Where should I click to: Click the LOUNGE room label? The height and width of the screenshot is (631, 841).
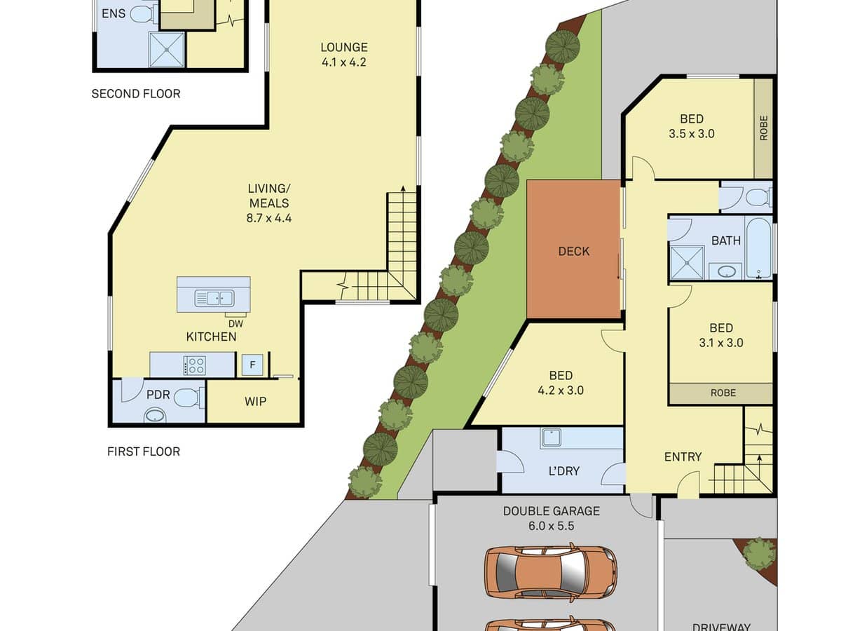point(343,48)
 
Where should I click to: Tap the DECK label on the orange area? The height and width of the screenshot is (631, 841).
point(574,251)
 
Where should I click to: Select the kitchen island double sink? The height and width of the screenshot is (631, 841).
point(214,299)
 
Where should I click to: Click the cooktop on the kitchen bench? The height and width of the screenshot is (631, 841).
point(194,365)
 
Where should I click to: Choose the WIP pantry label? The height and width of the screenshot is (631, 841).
point(255,402)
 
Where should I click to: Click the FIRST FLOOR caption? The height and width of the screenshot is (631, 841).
point(144,452)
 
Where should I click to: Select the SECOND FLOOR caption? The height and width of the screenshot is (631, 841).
point(136,93)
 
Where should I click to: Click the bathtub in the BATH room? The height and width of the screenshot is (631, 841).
point(759,249)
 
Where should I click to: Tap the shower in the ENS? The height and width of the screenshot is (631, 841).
point(166,49)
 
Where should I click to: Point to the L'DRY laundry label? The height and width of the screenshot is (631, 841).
point(563,470)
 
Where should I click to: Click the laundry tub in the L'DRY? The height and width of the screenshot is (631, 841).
point(551,438)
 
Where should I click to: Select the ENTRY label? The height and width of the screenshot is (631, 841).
point(683,456)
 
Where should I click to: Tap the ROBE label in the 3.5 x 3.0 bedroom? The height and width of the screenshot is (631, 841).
point(763,128)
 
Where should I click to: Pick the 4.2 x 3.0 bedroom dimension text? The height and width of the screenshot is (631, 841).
point(561,391)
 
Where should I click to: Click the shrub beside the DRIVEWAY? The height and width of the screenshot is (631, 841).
point(759,553)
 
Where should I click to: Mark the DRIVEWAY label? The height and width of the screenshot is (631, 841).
point(721,627)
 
